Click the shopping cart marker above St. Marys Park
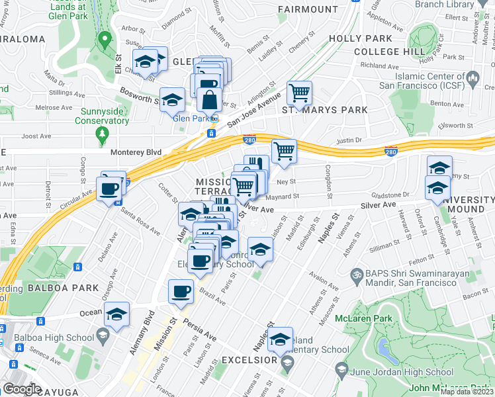(x=300, y=93)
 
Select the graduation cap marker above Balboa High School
(x=117, y=315)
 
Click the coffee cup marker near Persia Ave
(x=181, y=292)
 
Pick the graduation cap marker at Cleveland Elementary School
(x=281, y=340)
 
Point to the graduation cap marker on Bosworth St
(x=173, y=101)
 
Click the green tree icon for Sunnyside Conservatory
(x=102, y=135)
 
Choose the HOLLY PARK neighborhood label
(x=375, y=39)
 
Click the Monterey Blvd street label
(x=135, y=152)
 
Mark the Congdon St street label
(x=328, y=185)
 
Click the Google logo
(x=22, y=388)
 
